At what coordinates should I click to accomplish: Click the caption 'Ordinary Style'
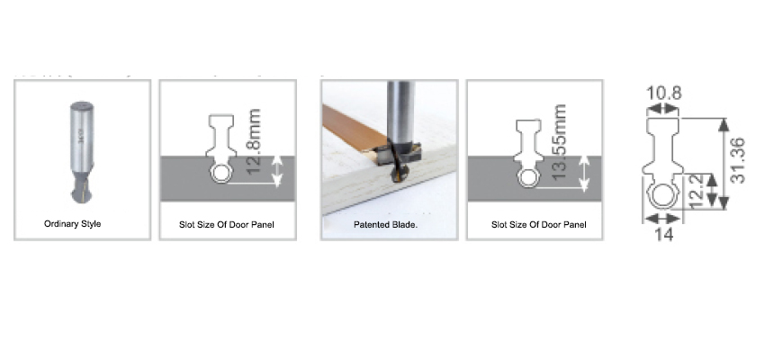(73, 224)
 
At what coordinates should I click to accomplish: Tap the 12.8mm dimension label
(254, 141)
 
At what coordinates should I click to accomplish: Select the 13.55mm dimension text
(560, 141)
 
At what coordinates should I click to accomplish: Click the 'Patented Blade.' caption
(385, 225)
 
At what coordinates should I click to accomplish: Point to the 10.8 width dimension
(663, 93)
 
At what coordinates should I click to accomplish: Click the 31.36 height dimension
(737, 161)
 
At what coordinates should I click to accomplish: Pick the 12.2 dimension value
(694, 191)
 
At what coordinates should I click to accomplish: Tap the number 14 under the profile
(665, 235)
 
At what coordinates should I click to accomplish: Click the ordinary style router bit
(81, 152)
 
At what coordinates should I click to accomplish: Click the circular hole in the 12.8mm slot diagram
(221, 174)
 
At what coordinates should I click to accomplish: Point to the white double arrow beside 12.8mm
(277, 171)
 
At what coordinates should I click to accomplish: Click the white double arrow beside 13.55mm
(584, 174)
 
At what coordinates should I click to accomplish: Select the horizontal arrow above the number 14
(663, 218)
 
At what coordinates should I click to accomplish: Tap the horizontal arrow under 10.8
(663, 108)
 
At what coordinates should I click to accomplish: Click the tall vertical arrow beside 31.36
(724, 164)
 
